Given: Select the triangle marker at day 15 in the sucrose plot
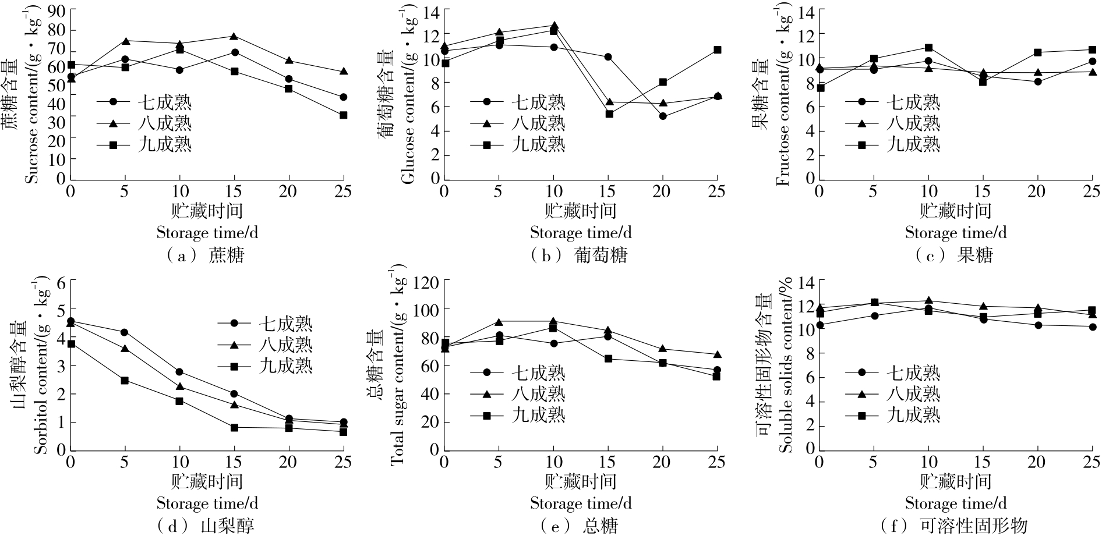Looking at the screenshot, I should pos(234,36).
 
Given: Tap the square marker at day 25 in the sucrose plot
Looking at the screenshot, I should pos(344,115).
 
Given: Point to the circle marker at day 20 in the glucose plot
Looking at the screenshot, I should pos(663,116).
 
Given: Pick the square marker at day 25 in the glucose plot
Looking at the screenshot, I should pos(718,50).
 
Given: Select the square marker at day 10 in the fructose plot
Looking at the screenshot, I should pos(929,48).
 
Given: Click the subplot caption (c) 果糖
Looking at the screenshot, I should pos(955,255).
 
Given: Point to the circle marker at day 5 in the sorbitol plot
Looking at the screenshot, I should pos(124,332).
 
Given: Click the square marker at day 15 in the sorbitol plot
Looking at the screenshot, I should pos(234,428).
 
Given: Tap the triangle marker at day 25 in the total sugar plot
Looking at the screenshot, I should pos(718,354).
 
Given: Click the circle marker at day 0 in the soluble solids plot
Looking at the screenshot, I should pos(820,325).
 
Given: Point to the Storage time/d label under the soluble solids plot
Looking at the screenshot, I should pos(955,503).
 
